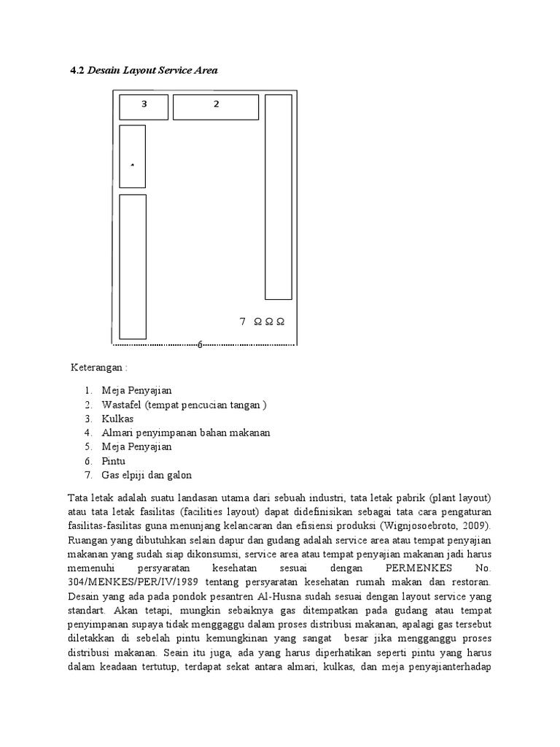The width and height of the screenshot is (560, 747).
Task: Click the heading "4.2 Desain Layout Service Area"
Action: pos(144,70)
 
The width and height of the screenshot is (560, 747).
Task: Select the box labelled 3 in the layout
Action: pos(144,107)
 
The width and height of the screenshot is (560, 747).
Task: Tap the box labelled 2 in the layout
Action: pos(216,107)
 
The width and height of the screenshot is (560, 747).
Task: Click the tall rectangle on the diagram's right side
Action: pos(278,197)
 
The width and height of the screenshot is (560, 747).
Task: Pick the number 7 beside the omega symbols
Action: pos(242,321)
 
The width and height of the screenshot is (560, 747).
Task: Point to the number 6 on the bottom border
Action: pos(200,344)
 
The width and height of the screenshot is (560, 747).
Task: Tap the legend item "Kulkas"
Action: pos(117,419)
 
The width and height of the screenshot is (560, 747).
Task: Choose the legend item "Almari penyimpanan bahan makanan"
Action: pos(186,433)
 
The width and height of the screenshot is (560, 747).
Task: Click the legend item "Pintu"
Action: pos(114,461)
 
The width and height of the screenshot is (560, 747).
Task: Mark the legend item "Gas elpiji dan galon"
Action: pos(147,475)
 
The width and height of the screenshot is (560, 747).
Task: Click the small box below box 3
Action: pos(132,156)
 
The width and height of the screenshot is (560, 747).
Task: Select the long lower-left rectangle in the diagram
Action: pos(133,266)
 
